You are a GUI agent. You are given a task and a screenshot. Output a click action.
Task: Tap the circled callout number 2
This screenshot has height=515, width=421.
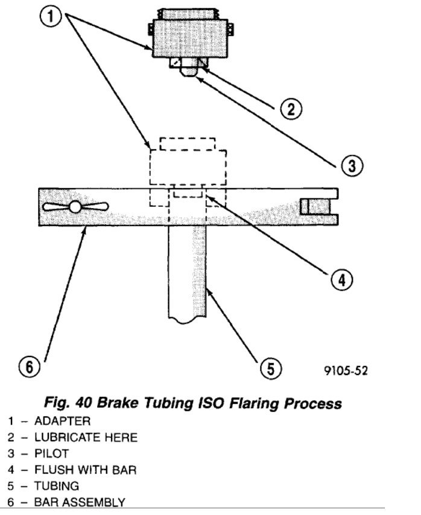(x=290, y=109)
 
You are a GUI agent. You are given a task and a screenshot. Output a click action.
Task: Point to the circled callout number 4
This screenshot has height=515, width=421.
(x=341, y=279)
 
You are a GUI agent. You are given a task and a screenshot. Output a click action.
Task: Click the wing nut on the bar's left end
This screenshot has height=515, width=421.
(x=75, y=207)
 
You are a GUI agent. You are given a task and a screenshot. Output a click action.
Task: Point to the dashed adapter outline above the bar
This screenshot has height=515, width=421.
(x=188, y=168)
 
